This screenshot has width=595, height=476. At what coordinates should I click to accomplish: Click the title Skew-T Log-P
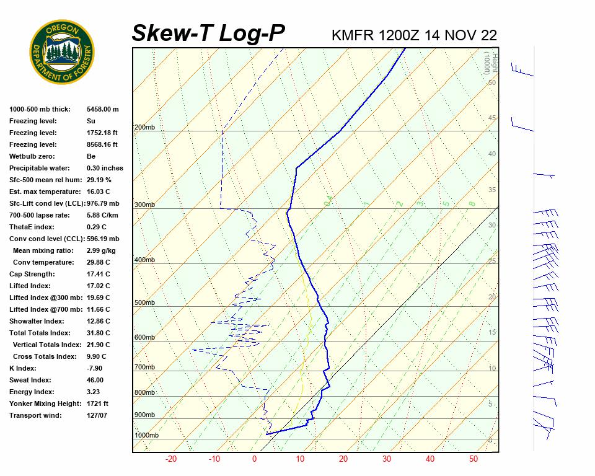(208, 33)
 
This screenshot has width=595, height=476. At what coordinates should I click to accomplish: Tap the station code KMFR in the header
(353, 35)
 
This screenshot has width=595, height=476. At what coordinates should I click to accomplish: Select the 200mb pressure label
(144, 127)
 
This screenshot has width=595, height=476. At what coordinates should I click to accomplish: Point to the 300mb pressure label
(144, 205)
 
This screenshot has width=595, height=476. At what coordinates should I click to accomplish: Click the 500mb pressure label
(144, 302)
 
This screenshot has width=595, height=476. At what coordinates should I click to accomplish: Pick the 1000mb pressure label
(146, 435)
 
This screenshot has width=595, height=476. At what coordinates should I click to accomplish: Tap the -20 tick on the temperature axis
(171, 459)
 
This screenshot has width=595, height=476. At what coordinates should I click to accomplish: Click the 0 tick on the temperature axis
(254, 459)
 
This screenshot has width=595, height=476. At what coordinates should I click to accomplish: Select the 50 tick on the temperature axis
(473, 459)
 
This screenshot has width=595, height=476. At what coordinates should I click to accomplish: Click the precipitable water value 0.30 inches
(105, 168)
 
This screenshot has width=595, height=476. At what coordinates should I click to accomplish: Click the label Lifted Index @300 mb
(46, 297)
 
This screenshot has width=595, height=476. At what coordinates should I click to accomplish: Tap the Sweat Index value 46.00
(95, 380)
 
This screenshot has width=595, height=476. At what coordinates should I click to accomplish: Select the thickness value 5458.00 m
(102, 109)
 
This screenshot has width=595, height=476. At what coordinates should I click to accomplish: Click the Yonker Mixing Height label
(45, 403)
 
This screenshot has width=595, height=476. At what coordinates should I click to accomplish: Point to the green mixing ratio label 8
(472, 203)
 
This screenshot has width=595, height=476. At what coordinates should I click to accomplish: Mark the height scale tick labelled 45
(492, 118)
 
